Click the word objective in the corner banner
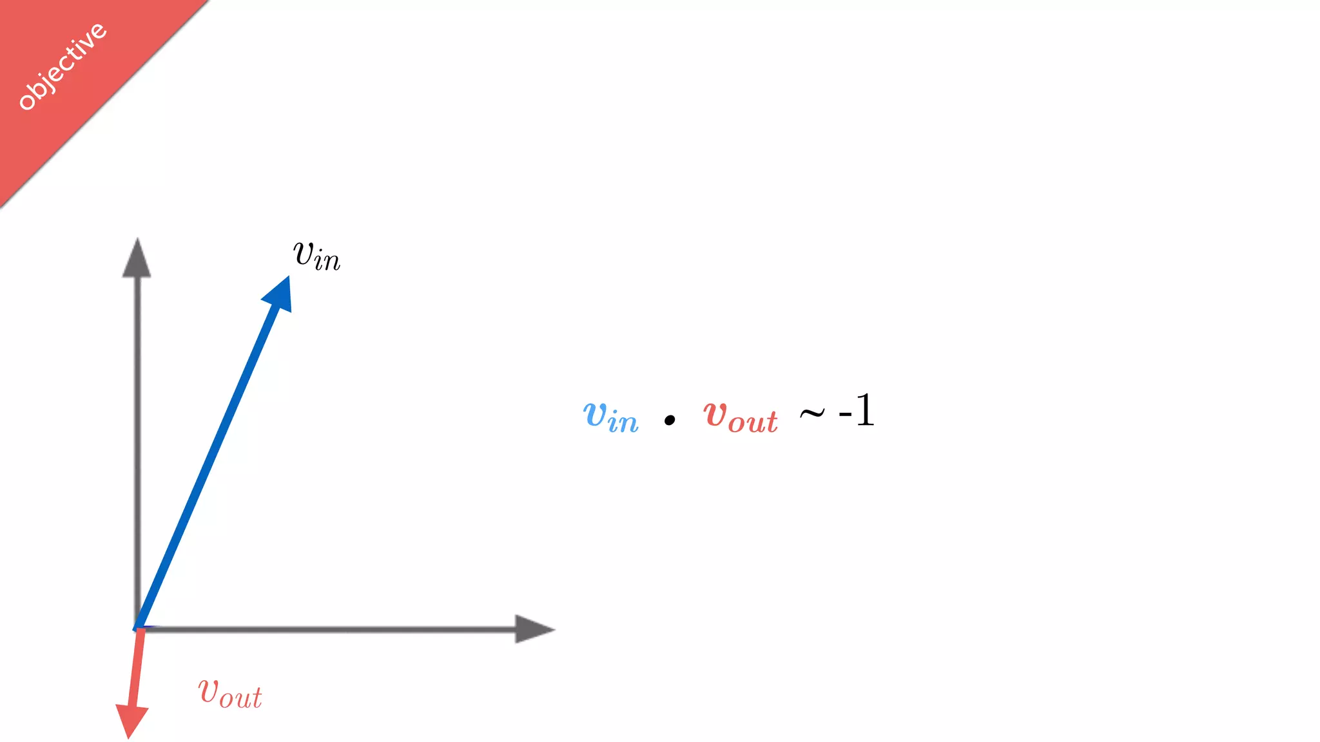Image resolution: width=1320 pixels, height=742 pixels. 62,66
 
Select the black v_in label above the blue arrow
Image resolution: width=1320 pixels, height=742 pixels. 316,256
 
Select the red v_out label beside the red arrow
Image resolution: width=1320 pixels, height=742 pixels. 230,694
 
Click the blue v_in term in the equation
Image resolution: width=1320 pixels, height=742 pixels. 610,416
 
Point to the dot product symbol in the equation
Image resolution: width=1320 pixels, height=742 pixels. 670,421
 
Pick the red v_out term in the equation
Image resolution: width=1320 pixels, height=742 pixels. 741,416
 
